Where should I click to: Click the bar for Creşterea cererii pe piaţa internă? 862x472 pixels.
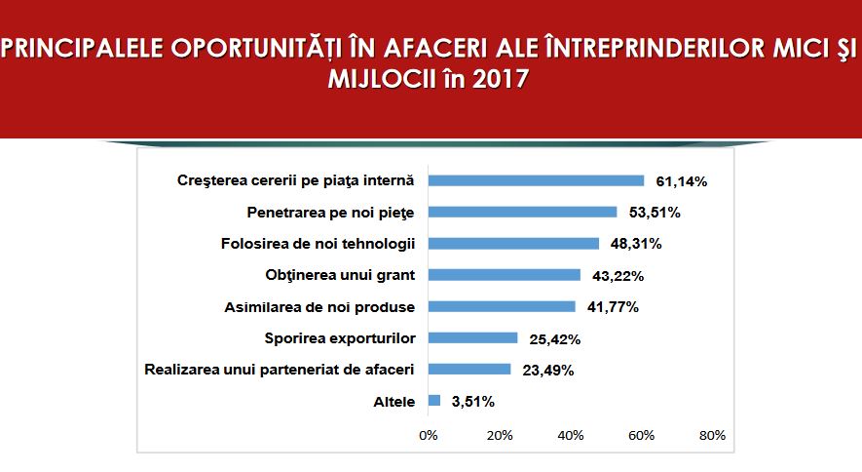coord(536,181)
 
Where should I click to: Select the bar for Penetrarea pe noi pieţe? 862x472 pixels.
coord(523,213)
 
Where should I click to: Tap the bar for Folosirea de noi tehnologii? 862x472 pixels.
coord(513,244)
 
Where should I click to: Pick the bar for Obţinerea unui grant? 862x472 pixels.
coord(505,275)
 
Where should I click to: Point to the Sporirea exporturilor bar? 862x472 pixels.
coord(472,337)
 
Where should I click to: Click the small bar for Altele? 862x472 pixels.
coord(434,401)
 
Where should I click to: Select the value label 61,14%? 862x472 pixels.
coord(681,181)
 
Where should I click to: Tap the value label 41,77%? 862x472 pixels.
coord(613,307)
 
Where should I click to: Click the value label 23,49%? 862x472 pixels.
coord(548,371)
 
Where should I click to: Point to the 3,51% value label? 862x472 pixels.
coord(472,402)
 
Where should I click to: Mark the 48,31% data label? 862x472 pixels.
coord(636,244)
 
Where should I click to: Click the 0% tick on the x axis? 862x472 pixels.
coord(429,436)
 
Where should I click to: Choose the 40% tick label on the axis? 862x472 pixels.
coord(571,436)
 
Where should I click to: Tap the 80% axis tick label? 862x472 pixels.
coord(712,436)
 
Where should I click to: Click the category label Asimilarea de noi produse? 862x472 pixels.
coord(319,307)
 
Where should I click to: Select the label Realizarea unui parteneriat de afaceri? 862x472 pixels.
coord(280,370)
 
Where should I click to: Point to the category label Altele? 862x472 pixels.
coord(394,402)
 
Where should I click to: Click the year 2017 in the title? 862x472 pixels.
coord(501,79)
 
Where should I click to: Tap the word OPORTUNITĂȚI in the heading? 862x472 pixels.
coord(257,48)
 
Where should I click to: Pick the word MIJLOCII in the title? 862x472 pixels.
coord(381,79)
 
